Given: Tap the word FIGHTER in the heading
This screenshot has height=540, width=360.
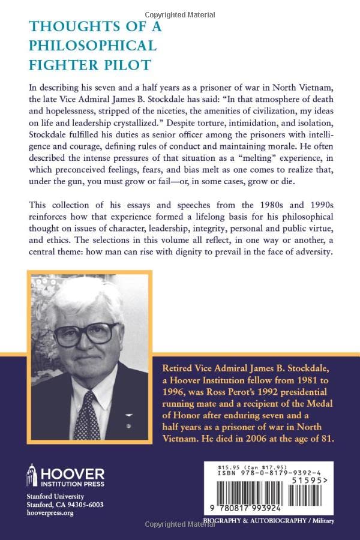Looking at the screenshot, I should pyautogui.click(x=61, y=64).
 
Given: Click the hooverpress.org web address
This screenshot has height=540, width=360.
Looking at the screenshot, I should pyautogui.click(x=52, y=514).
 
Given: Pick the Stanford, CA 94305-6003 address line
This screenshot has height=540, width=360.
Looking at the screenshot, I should pyautogui.click(x=64, y=505).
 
